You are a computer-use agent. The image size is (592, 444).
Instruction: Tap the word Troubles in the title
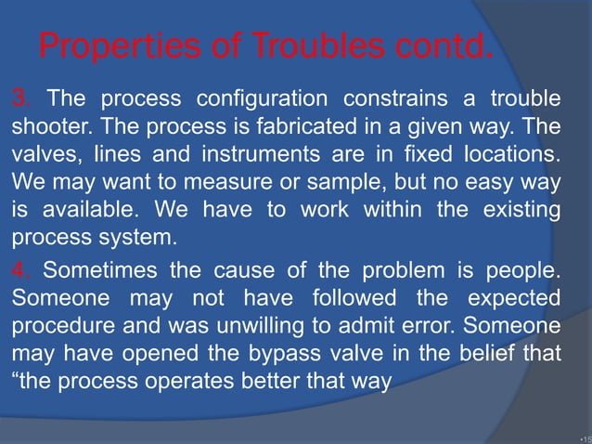(279, 45)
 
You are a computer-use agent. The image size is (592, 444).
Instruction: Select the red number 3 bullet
(19, 98)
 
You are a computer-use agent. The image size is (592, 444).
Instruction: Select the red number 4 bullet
(19, 272)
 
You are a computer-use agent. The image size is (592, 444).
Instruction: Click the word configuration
(265, 98)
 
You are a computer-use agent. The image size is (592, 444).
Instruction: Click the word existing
(525, 210)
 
